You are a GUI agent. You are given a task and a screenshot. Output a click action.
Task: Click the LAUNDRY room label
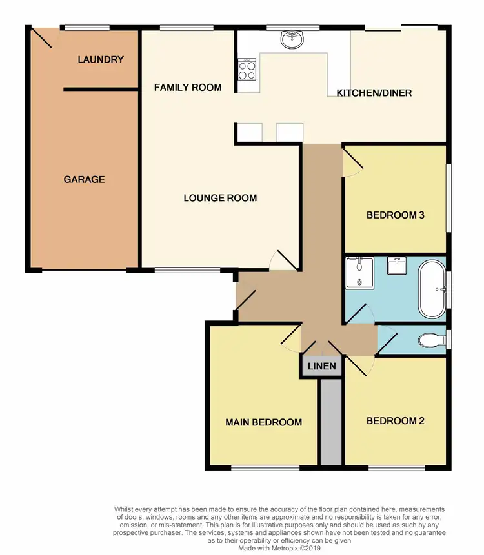point(100,59)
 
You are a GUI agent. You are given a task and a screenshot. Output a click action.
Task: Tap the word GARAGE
point(84,179)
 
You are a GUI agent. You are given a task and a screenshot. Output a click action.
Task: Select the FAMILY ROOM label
point(188,87)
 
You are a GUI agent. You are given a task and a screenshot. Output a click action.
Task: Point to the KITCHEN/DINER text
point(374,93)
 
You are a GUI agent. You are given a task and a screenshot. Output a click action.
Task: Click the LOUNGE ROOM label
point(220,198)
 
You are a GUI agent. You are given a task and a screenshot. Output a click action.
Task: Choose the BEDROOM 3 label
point(395,215)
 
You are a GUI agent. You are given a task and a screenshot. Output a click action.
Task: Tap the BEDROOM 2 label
point(395,421)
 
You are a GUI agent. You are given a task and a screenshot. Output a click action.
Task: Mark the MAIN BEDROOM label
point(263,422)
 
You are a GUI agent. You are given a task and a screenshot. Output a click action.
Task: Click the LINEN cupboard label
point(321,366)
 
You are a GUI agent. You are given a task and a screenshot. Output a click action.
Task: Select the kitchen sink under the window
point(293,40)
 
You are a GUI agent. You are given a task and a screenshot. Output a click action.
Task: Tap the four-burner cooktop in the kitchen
point(247,69)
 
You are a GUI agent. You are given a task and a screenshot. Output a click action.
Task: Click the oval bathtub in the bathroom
point(432,289)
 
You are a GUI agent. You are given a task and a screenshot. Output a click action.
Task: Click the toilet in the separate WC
point(429,339)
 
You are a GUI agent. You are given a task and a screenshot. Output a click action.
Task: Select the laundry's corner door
point(43,38)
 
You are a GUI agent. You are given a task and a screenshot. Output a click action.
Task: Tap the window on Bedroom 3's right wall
point(449,197)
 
